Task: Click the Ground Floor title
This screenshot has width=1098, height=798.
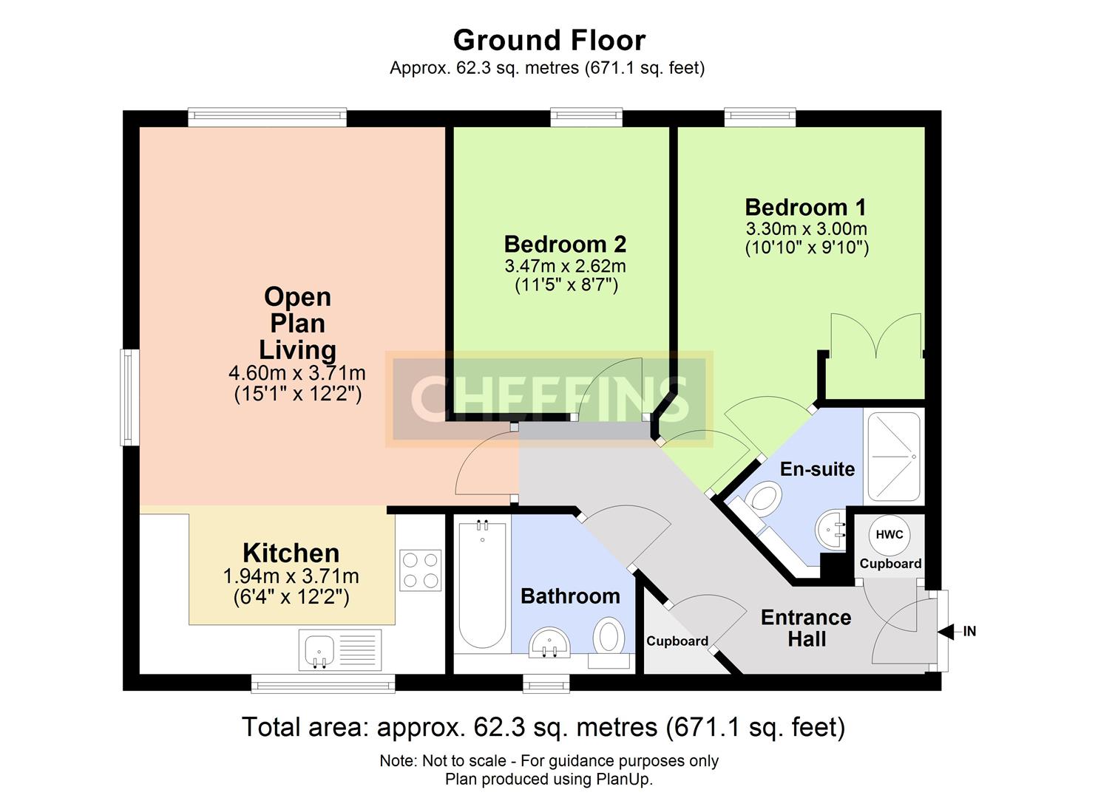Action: [x=549, y=41]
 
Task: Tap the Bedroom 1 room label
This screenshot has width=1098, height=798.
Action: [x=805, y=207]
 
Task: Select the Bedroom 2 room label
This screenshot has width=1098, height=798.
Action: [x=565, y=244]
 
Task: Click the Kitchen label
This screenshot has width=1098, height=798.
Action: [x=291, y=553]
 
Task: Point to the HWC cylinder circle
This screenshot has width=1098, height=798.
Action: [x=889, y=534]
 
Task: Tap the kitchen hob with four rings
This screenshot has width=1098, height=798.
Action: [x=420, y=570]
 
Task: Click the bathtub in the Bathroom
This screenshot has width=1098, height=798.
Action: [x=482, y=586]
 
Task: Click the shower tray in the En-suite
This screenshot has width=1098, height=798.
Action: [x=894, y=457]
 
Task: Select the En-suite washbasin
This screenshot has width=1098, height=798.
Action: [x=830, y=530]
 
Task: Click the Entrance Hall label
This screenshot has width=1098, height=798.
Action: [x=806, y=628]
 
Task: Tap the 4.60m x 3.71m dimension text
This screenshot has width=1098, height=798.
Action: [x=297, y=373]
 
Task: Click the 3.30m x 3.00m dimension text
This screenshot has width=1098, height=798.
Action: [x=807, y=229]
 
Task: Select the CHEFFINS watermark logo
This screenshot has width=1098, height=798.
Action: [x=549, y=399]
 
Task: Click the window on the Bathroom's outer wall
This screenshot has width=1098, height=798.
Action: [x=546, y=684]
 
